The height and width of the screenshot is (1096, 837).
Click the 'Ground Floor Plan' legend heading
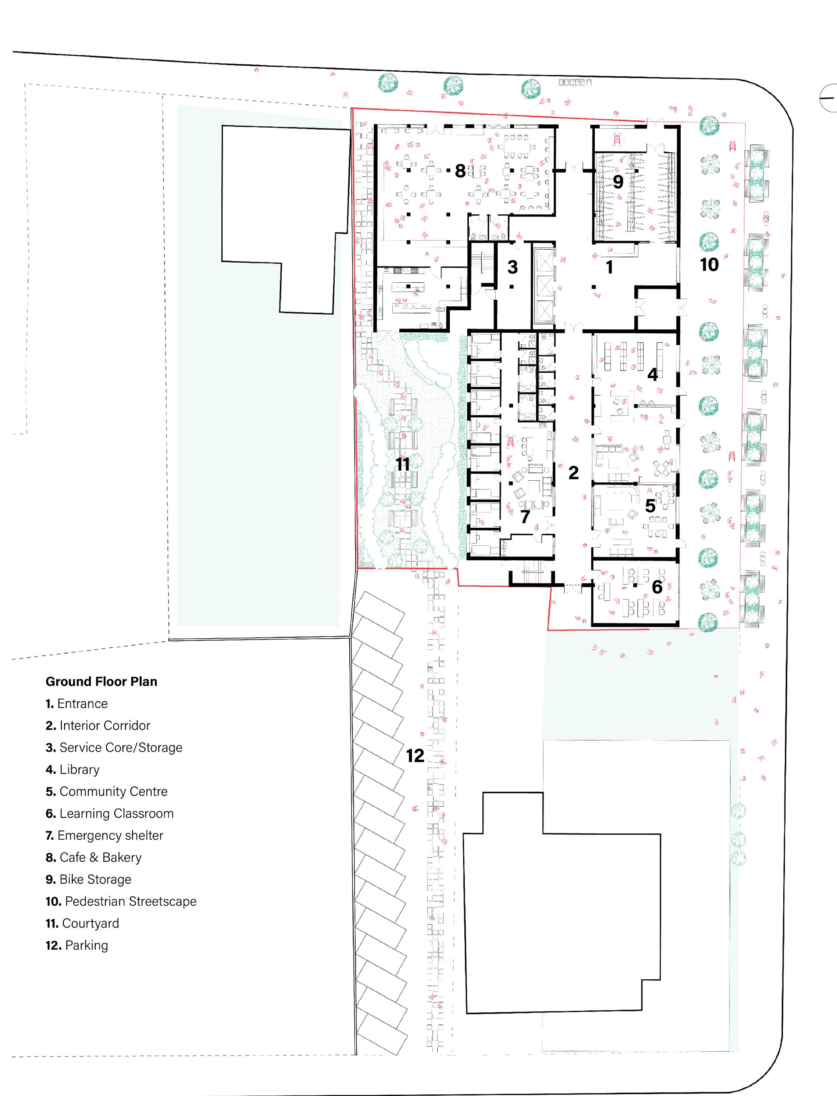(x=101, y=682)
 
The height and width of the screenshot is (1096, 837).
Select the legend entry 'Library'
(x=73, y=769)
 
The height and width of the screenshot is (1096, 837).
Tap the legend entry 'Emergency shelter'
(x=104, y=835)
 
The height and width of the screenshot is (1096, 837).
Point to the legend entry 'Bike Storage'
(x=88, y=879)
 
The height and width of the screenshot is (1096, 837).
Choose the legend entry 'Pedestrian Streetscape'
(x=120, y=901)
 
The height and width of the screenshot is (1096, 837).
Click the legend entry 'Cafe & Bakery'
(x=94, y=858)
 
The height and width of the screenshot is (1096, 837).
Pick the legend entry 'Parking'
(x=77, y=945)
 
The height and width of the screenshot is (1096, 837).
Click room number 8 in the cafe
(x=460, y=171)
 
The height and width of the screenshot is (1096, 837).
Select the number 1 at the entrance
(x=609, y=268)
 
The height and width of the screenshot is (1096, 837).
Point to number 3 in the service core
(x=513, y=268)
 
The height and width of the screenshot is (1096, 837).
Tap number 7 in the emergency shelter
(x=525, y=517)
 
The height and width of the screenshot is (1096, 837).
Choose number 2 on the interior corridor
(x=574, y=473)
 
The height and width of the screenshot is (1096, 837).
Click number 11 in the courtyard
(x=402, y=464)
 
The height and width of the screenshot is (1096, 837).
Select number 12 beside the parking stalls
(x=415, y=755)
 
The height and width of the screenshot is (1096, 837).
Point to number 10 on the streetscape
(x=709, y=265)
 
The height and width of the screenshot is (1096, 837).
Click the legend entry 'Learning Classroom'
(x=110, y=813)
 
